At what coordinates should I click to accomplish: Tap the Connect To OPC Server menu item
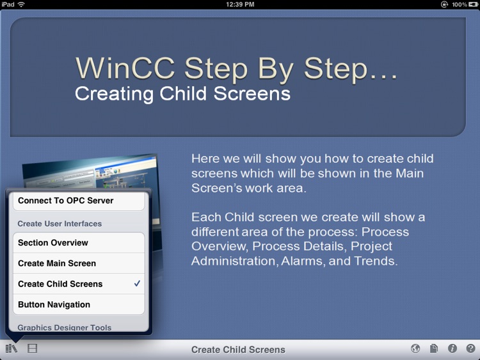(x=65, y=201)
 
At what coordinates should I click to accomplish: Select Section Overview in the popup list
(x=53, y=243)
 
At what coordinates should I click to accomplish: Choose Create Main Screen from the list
(x=57, y=263)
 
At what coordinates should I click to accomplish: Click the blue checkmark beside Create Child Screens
(x=137, y=284)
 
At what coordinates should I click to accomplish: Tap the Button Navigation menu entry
(x=54, y=305)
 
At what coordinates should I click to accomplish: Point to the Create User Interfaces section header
(x=60, y=224)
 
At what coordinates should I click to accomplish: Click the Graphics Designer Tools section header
(x=65, y=327)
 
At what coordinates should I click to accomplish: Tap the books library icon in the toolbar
(x=12, y=348)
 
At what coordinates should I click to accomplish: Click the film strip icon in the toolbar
(x=32, y=348)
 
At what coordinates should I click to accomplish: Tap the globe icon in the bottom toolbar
(x=415, y=348)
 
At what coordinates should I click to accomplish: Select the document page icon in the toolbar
(x=434, y=348)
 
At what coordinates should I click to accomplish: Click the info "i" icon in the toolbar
(x=452, y=348)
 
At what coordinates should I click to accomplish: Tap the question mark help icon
(x=470, y=348)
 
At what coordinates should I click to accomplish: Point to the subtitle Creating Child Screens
(x=182, y=94)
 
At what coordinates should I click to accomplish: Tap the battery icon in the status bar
(x=473, y=4)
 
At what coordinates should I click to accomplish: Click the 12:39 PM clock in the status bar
(x=240, y=4)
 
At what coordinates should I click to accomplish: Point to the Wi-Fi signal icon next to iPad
(x=21, y=4)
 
